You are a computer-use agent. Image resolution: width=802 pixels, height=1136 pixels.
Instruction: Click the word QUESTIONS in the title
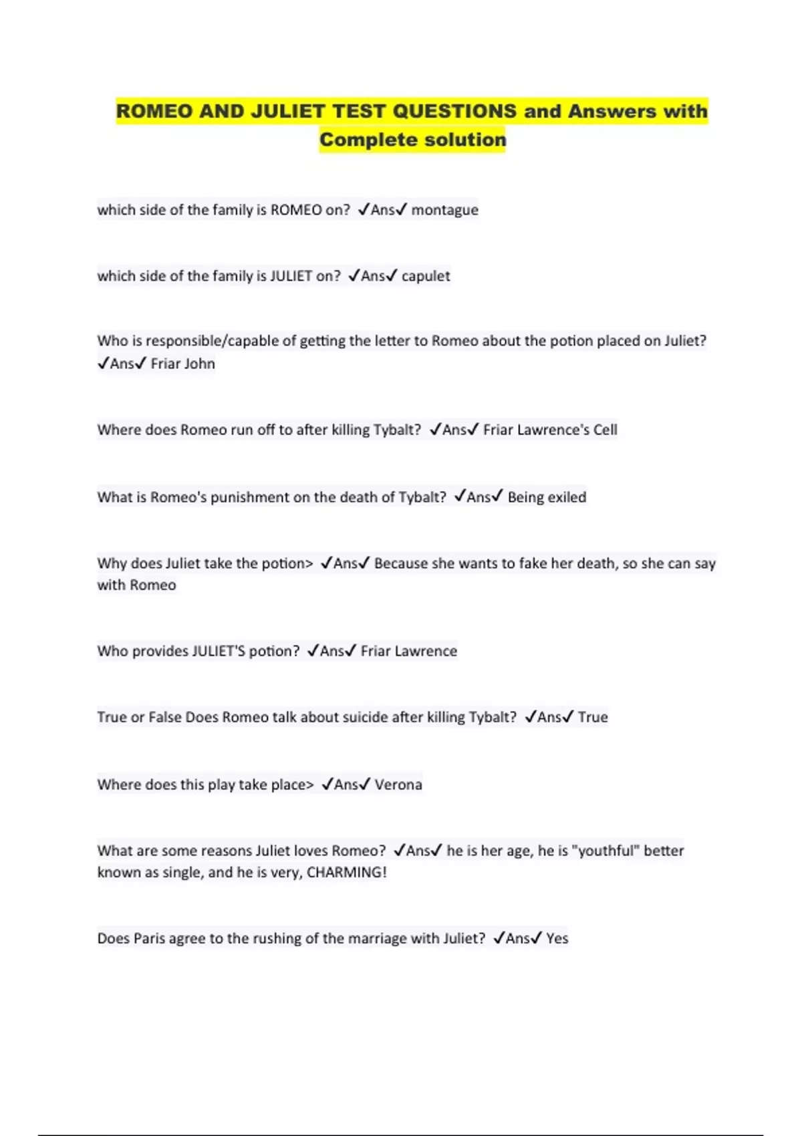(x=454, y=111)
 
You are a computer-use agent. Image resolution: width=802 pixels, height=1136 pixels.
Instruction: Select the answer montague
(x=444, y=210)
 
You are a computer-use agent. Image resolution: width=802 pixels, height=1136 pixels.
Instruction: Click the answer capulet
(x=426, y=276)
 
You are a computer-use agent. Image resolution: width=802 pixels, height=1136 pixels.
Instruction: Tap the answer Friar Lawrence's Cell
(x=550, y=430)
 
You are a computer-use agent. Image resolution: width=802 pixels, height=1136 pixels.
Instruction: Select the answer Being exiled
(x=547, y=497)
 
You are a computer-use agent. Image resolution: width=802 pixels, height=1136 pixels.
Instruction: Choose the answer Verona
(x=398, y=785)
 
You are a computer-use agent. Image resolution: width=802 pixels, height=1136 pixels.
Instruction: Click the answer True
(x=593, y=717)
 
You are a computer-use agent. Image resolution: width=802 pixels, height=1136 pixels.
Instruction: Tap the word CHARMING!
(x=346, y=872)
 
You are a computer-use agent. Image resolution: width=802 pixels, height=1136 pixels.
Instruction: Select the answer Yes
(x=557, y=938)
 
